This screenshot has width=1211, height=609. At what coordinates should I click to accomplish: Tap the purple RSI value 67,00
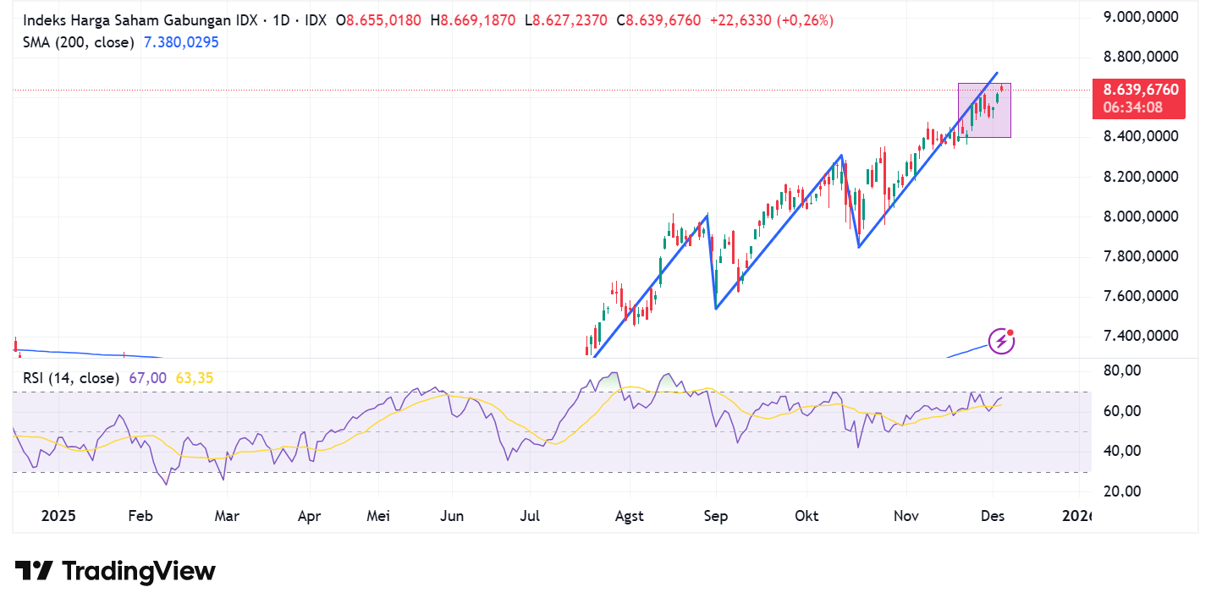[147, 378]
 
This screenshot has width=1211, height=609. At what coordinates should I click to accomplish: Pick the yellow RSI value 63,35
[194, 378]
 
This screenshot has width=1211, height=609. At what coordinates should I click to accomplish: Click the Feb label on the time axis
[140, 515]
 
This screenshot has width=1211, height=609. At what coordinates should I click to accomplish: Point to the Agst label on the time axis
[629, 515]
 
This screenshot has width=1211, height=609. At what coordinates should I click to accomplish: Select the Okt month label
[806, 515]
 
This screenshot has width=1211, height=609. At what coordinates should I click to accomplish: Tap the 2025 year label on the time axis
[58, 515]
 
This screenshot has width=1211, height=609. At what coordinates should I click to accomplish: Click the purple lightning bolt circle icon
[1002, 341]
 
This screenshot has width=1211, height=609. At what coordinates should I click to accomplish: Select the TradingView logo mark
[35, 571]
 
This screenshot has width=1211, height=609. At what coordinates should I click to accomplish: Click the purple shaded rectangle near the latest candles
[984, 110]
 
